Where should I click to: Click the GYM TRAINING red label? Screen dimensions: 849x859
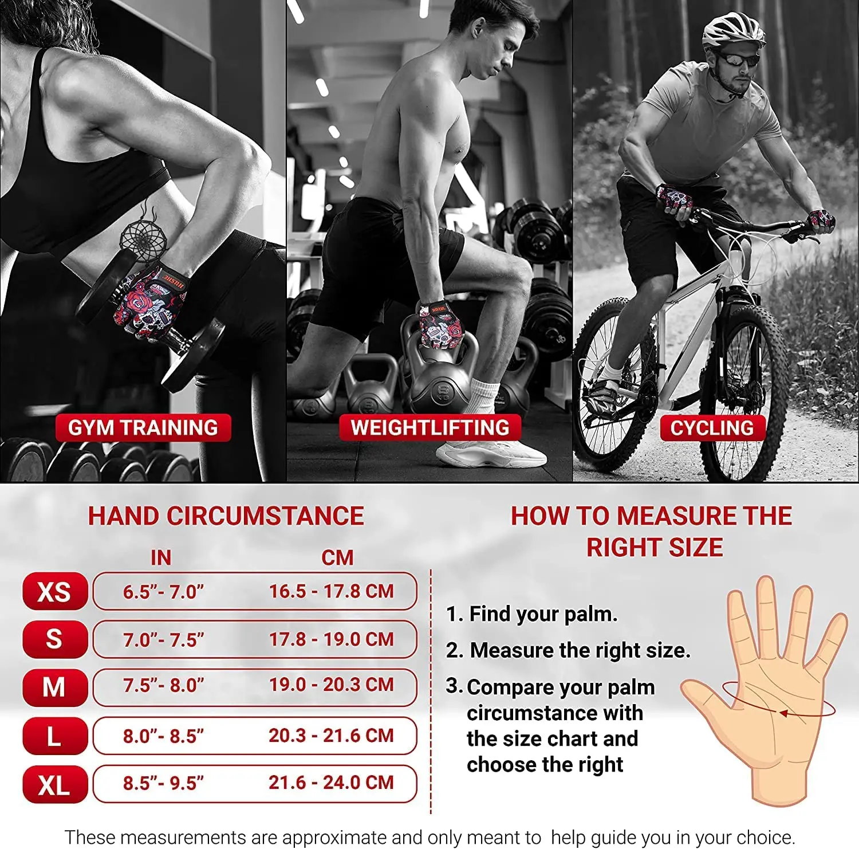(x=143, y=428)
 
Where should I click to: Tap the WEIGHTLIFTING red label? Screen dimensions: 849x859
(x=429, y=428)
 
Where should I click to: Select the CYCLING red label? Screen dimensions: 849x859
(x=712, y=428)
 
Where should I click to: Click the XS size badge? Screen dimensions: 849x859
(x=54, y=591)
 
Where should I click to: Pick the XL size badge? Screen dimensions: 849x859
(x=54, y=784)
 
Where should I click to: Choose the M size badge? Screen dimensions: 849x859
(x=54, y=687)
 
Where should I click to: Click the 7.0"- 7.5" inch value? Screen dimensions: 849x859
(x=163, y=639)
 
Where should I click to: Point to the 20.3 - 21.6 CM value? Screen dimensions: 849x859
(x=331, y=736)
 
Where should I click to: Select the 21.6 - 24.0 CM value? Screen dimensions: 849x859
(x=331, y=783)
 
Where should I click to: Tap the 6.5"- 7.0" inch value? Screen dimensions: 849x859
(x=163, y=591)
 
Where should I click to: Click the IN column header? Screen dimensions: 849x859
(x=161, y=557)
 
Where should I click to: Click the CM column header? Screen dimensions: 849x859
(x=337, y=557)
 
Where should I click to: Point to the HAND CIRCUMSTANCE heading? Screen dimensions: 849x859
(x=226, y=516)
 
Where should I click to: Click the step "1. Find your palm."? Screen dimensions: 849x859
(x=532, y=614)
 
